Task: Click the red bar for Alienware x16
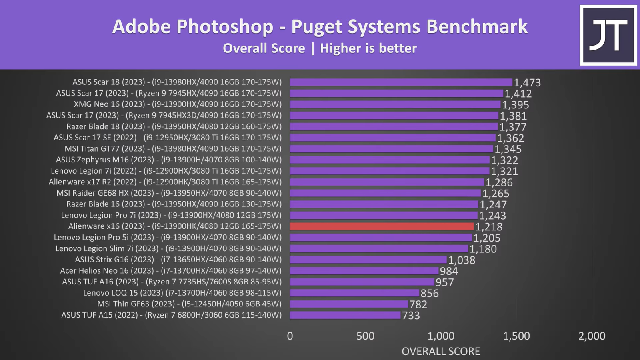tap(382, 226)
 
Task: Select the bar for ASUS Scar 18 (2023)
tap(401, 82)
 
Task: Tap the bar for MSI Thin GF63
tap(349, 304)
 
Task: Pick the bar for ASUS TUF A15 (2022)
tap(345, 315)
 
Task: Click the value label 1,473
tap(527, 83)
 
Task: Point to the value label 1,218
tap(489, 227)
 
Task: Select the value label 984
tap(449, 271)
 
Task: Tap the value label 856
tap(430, 293)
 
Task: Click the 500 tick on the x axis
tap(365, 336)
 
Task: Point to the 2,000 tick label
tap(592, 336)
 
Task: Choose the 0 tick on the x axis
tap(290, 336)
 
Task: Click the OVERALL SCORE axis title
tap(440, 351)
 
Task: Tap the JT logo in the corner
tap(608, 35)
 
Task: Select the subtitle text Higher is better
tap(368, 48)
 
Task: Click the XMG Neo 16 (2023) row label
tap(178, 104)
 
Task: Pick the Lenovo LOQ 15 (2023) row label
tap(182, 293)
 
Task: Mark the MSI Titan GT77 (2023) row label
tap(173, 149)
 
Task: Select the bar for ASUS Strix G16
tap(368, 260)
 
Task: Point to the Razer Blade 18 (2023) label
tap(174, 127)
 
